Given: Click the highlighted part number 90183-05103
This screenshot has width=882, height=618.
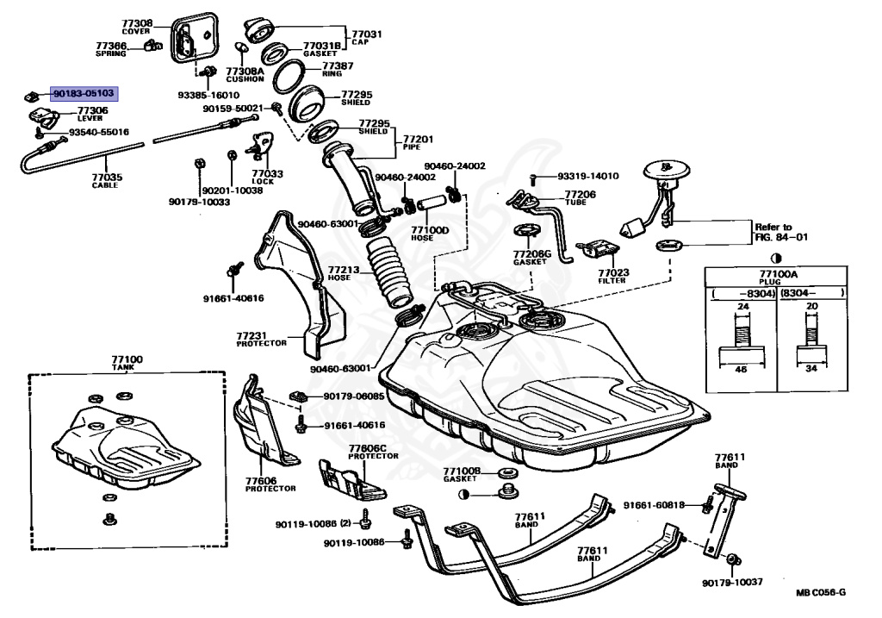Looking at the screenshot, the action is [x=84, y=93].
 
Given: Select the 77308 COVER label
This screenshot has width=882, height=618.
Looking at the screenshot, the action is [x=137, y=27].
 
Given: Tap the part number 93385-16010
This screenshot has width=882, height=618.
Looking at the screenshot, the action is [x=208, y=95].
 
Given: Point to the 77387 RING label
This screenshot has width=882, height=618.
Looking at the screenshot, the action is [x=338, y=69].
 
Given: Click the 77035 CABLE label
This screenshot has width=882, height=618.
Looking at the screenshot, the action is [x=107, y=181].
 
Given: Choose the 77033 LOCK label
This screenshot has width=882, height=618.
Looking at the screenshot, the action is [x=267, y=178].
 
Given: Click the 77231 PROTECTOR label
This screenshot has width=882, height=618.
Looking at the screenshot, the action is [x=262, y=339].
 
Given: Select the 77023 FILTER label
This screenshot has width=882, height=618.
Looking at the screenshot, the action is [x=613, y=276].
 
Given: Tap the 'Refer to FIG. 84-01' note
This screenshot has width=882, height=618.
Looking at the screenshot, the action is [x=781, y=232].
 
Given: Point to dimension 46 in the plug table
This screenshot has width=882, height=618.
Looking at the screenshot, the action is [x=742, y=369].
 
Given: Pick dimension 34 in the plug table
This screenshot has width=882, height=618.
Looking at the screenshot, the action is [x=811, y=369].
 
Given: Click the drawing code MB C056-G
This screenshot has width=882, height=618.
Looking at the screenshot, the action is [x=821, y=592].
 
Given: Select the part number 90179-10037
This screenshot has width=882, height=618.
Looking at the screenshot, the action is [x=732, y=583].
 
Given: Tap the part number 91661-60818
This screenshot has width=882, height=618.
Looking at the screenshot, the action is [x=655, y=505].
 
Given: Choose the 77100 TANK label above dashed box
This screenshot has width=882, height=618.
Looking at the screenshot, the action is [x=127, y=363].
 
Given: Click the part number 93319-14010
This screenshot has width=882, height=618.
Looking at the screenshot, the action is [x=588, y=176].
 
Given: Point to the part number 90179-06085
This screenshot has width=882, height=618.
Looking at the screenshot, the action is [x=354, y=396].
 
